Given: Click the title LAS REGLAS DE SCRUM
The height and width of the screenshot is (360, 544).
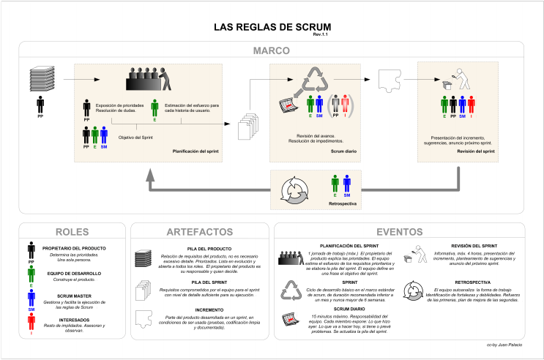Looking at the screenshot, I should pos(271,27).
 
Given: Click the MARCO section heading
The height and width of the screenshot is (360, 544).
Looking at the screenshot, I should pos(271,51).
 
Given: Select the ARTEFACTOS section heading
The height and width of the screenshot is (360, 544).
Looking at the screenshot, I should pos(200,230).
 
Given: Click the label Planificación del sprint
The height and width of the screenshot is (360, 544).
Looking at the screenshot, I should pos(195,153).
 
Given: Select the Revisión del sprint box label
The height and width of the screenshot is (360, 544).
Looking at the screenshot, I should pos(475,153).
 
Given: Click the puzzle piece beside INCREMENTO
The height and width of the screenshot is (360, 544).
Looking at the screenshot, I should pos(144,318).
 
